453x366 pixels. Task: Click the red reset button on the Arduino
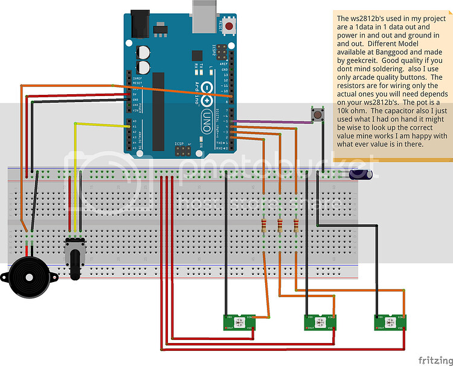click(230, 26)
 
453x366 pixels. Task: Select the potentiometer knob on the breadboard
click(75, 260)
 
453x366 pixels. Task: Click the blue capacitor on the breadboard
click(362, 175)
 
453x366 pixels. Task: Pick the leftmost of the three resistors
click(264, 226)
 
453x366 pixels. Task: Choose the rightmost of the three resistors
click(295, 226)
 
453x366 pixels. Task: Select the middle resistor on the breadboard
click(280, 226)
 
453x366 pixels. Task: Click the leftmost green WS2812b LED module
click(240, 322)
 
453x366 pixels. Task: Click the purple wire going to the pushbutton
click(278, 121)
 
